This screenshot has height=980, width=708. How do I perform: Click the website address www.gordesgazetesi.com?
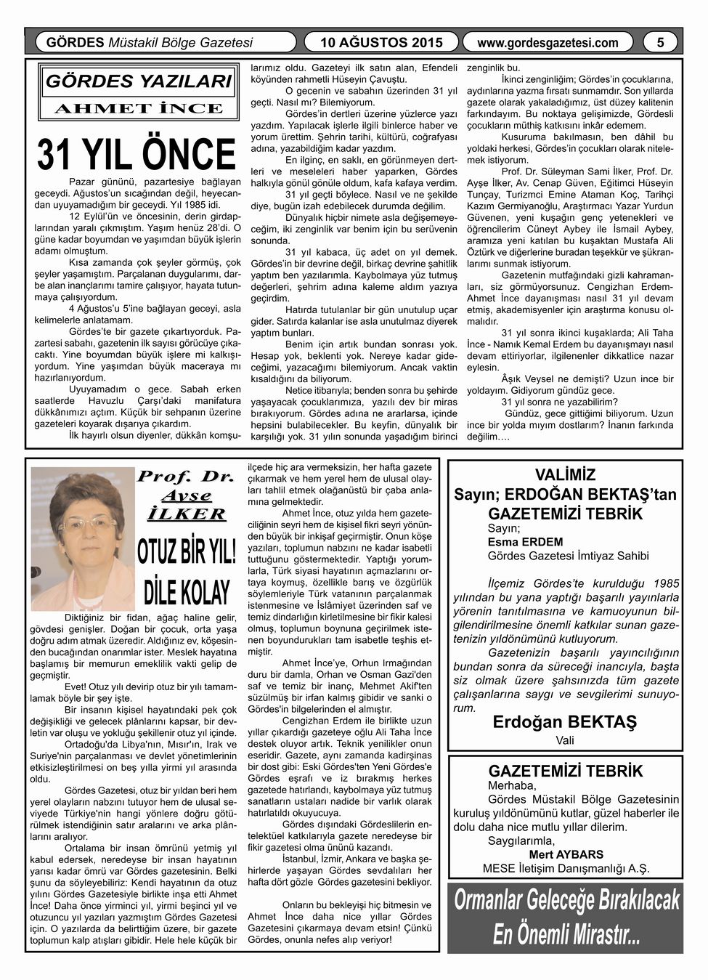tap(548, 43)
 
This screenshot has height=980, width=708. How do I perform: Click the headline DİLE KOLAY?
tap(186, 591)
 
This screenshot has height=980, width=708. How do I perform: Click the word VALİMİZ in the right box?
tap(565, 476)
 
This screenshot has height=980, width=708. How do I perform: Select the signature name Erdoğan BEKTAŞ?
tap(564, 723)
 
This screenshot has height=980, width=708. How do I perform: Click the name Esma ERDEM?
tap(515, 542)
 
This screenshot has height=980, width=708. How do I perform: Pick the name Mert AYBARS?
tap(566, 854)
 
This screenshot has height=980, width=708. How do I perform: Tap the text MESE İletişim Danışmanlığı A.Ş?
tap(566, 868)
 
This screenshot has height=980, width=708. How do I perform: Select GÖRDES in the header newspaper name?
tap(75, 43)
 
